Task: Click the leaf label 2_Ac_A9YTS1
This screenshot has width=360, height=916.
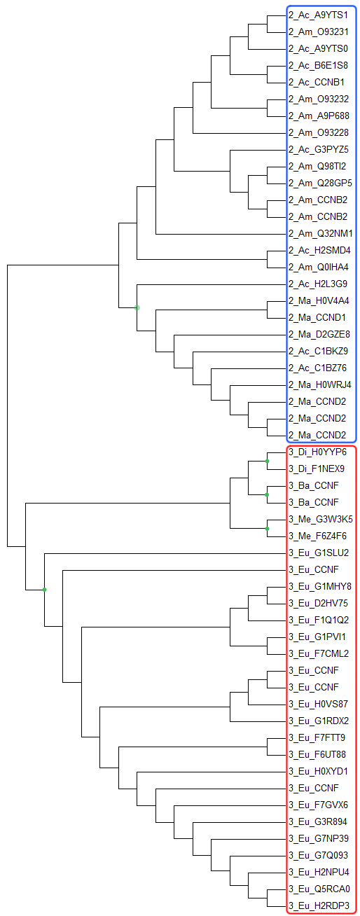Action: pos(318,15)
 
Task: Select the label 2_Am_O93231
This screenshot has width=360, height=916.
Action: pos(318,32)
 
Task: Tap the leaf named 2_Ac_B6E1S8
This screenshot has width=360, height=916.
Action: pos(318,65)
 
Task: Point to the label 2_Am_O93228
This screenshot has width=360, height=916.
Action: pos(318,132)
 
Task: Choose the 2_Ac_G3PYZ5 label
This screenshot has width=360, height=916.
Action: pos(318,149)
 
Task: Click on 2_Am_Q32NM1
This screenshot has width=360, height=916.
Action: pos(320,233)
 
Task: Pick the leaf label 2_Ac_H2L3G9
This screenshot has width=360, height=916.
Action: pos(318,284)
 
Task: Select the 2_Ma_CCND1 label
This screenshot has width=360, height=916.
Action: pos(317,317)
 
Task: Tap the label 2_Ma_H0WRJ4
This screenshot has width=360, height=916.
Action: pos(319,384)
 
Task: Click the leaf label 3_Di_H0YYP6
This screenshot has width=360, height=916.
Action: pos(317,452)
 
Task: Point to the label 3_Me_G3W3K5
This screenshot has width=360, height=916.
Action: pos(320,519)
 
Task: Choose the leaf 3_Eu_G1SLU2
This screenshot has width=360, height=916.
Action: pos(319,553)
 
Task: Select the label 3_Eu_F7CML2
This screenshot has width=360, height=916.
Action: pos(319,653)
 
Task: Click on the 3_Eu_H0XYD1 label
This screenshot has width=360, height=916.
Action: pos(318,771)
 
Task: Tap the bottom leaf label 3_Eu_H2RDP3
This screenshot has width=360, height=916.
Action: pos(319,905)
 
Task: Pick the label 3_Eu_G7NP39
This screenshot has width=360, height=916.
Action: pos(319,838)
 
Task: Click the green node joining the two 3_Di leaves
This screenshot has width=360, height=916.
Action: pos(267,462)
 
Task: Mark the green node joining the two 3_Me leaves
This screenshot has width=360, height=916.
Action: pos(267,529)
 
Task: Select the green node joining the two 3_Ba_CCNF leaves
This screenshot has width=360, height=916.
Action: pos(267,495)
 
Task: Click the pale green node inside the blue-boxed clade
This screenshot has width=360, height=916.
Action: pos(137,307)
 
